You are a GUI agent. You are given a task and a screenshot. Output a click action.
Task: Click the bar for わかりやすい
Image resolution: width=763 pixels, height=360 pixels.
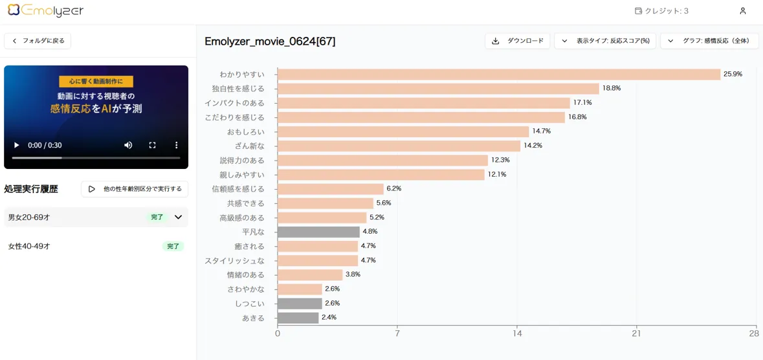point(498,74)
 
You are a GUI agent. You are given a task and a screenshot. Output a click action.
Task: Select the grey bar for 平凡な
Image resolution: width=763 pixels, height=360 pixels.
point(318,232)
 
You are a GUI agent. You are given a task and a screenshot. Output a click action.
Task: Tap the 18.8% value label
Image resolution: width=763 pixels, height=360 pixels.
point(611,88)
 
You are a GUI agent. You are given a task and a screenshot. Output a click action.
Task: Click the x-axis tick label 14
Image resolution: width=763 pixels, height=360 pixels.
point(517,333)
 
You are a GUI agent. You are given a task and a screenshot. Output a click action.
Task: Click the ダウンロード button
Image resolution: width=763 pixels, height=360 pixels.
point(517,41)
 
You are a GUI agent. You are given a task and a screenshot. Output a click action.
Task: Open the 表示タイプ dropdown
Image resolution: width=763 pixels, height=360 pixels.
point(605,41)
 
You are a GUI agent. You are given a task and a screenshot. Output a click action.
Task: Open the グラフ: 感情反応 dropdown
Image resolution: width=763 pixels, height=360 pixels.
point(709,41)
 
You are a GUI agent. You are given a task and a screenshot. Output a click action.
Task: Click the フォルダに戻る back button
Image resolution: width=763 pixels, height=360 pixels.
point(38,41)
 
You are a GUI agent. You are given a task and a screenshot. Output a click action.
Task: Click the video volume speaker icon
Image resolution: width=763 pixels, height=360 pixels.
point(128,145)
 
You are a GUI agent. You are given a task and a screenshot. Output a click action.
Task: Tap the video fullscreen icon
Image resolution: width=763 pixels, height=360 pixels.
point(152,145)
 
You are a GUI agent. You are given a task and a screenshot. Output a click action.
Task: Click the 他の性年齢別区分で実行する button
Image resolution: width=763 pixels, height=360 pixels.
point(135,189)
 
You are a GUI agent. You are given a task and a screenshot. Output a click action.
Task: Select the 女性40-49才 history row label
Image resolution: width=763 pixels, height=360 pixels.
point(29,247)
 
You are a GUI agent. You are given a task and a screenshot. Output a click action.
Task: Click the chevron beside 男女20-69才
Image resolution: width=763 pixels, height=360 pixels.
point(178,218)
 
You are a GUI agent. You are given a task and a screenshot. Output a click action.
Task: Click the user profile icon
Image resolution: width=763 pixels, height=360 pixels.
point(742,11)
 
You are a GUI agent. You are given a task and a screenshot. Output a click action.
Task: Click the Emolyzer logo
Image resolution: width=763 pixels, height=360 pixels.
point(45,10)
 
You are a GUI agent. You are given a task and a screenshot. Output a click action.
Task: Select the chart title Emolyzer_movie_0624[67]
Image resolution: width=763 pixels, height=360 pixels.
point(270,41)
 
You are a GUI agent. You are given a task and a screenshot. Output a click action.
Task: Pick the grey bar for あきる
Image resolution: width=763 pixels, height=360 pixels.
point(298,318)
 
